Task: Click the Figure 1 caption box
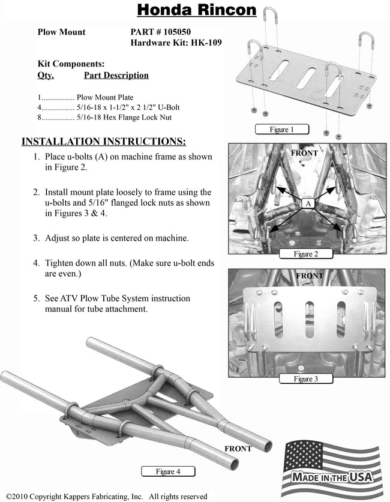[281, 129]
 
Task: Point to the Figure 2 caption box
[305, 254]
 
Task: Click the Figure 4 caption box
[169, 471]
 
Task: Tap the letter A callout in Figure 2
[308, 203]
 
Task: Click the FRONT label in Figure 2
[304, 153]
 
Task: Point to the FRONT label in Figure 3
[310, 276]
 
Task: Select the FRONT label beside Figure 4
[238, 449]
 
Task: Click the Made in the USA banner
[332, 477]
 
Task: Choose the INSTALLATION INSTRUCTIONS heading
[104, 142]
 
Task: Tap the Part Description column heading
[116, 76]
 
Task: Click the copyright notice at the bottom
[106, 497]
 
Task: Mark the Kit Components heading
[71, 64]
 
